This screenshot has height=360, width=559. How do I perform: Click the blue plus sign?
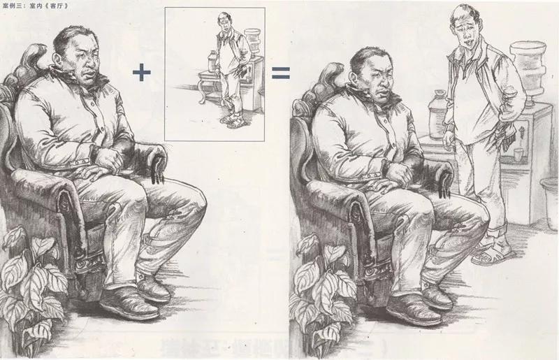point(142,73)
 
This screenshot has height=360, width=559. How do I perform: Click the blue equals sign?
point(281,73)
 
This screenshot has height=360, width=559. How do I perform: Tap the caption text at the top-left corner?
point(34,6)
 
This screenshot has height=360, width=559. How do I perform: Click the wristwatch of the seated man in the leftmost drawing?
point(94,152)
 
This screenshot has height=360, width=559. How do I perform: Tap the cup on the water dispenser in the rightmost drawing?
point(518,154)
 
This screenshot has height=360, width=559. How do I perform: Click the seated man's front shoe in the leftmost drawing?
point(129,303)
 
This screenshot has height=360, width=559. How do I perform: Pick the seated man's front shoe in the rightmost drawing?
point(414,310)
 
